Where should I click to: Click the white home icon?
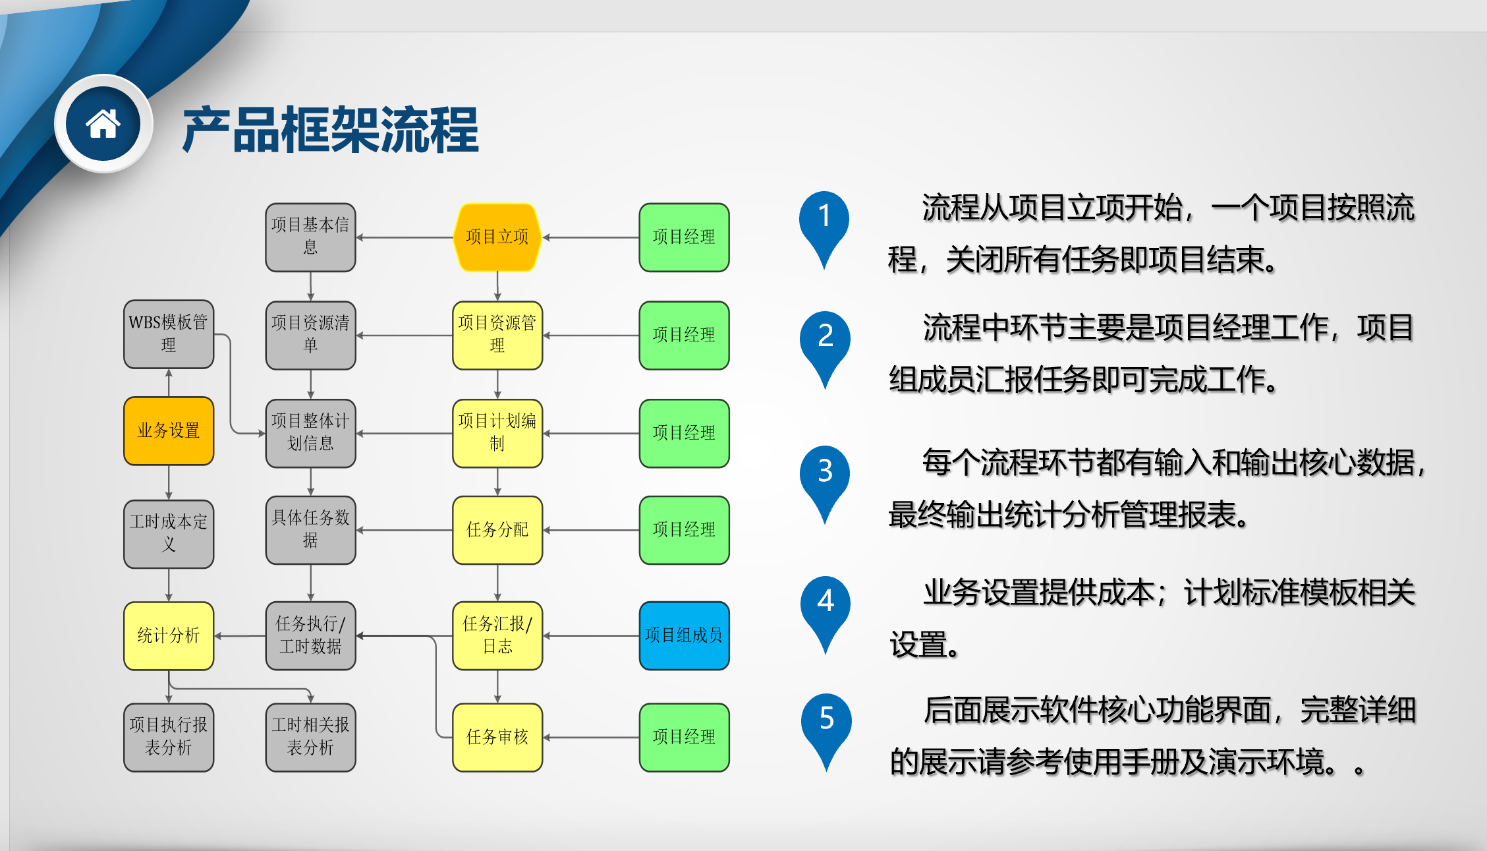coord(103,124)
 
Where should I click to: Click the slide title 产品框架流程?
coord(330,130)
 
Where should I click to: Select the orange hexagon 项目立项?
coord(497,237)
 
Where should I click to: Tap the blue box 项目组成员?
coord(684,635)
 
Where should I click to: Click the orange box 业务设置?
coord(169,431)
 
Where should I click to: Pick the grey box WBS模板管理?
coord(169,334)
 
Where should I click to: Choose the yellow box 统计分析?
coord(169,635)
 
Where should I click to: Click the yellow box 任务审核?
coord(497,737)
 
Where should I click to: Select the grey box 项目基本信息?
coord(310,237)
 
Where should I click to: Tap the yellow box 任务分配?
coord(497,530)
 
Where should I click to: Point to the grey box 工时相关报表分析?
coord(310,737)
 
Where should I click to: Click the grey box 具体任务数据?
coord(310,530)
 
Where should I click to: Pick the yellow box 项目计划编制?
coord(497,433)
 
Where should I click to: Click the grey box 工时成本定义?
coord(169,534)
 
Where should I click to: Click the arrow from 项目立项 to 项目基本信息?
coord(405,237)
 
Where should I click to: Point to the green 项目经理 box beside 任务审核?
coord(684,737)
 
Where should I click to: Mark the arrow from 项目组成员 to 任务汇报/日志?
coord(591,636)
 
